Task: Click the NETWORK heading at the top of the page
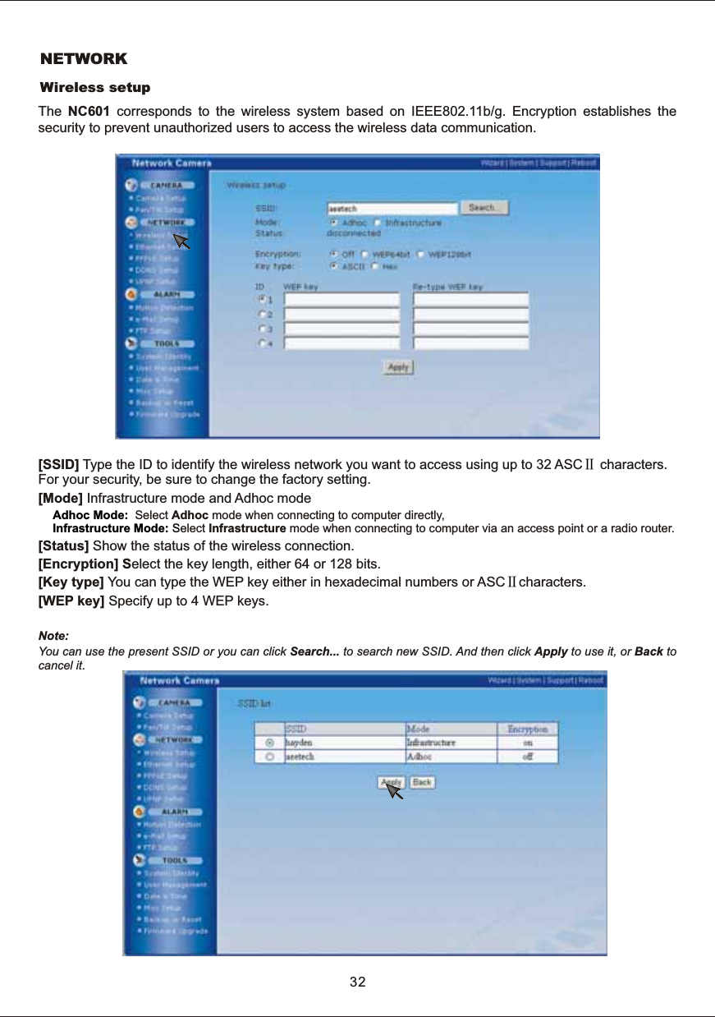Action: (x=85, y=59)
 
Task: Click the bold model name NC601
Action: (x=89, y=111)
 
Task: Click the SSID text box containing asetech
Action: (x=392, y=209)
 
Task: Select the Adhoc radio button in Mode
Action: (x=332, y=222)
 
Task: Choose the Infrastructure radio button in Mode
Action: (x=378, y=222)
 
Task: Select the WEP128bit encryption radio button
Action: (x=421, y=255)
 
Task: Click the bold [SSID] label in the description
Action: (x=59, y=467)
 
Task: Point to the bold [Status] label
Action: (x=64, y=547)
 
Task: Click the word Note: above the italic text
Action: (x=54, y=637)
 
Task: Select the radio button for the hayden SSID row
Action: (x=269, y=742)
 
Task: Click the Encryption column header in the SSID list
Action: (x=527, y=729)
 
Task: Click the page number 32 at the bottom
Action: (x=357, y=982)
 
